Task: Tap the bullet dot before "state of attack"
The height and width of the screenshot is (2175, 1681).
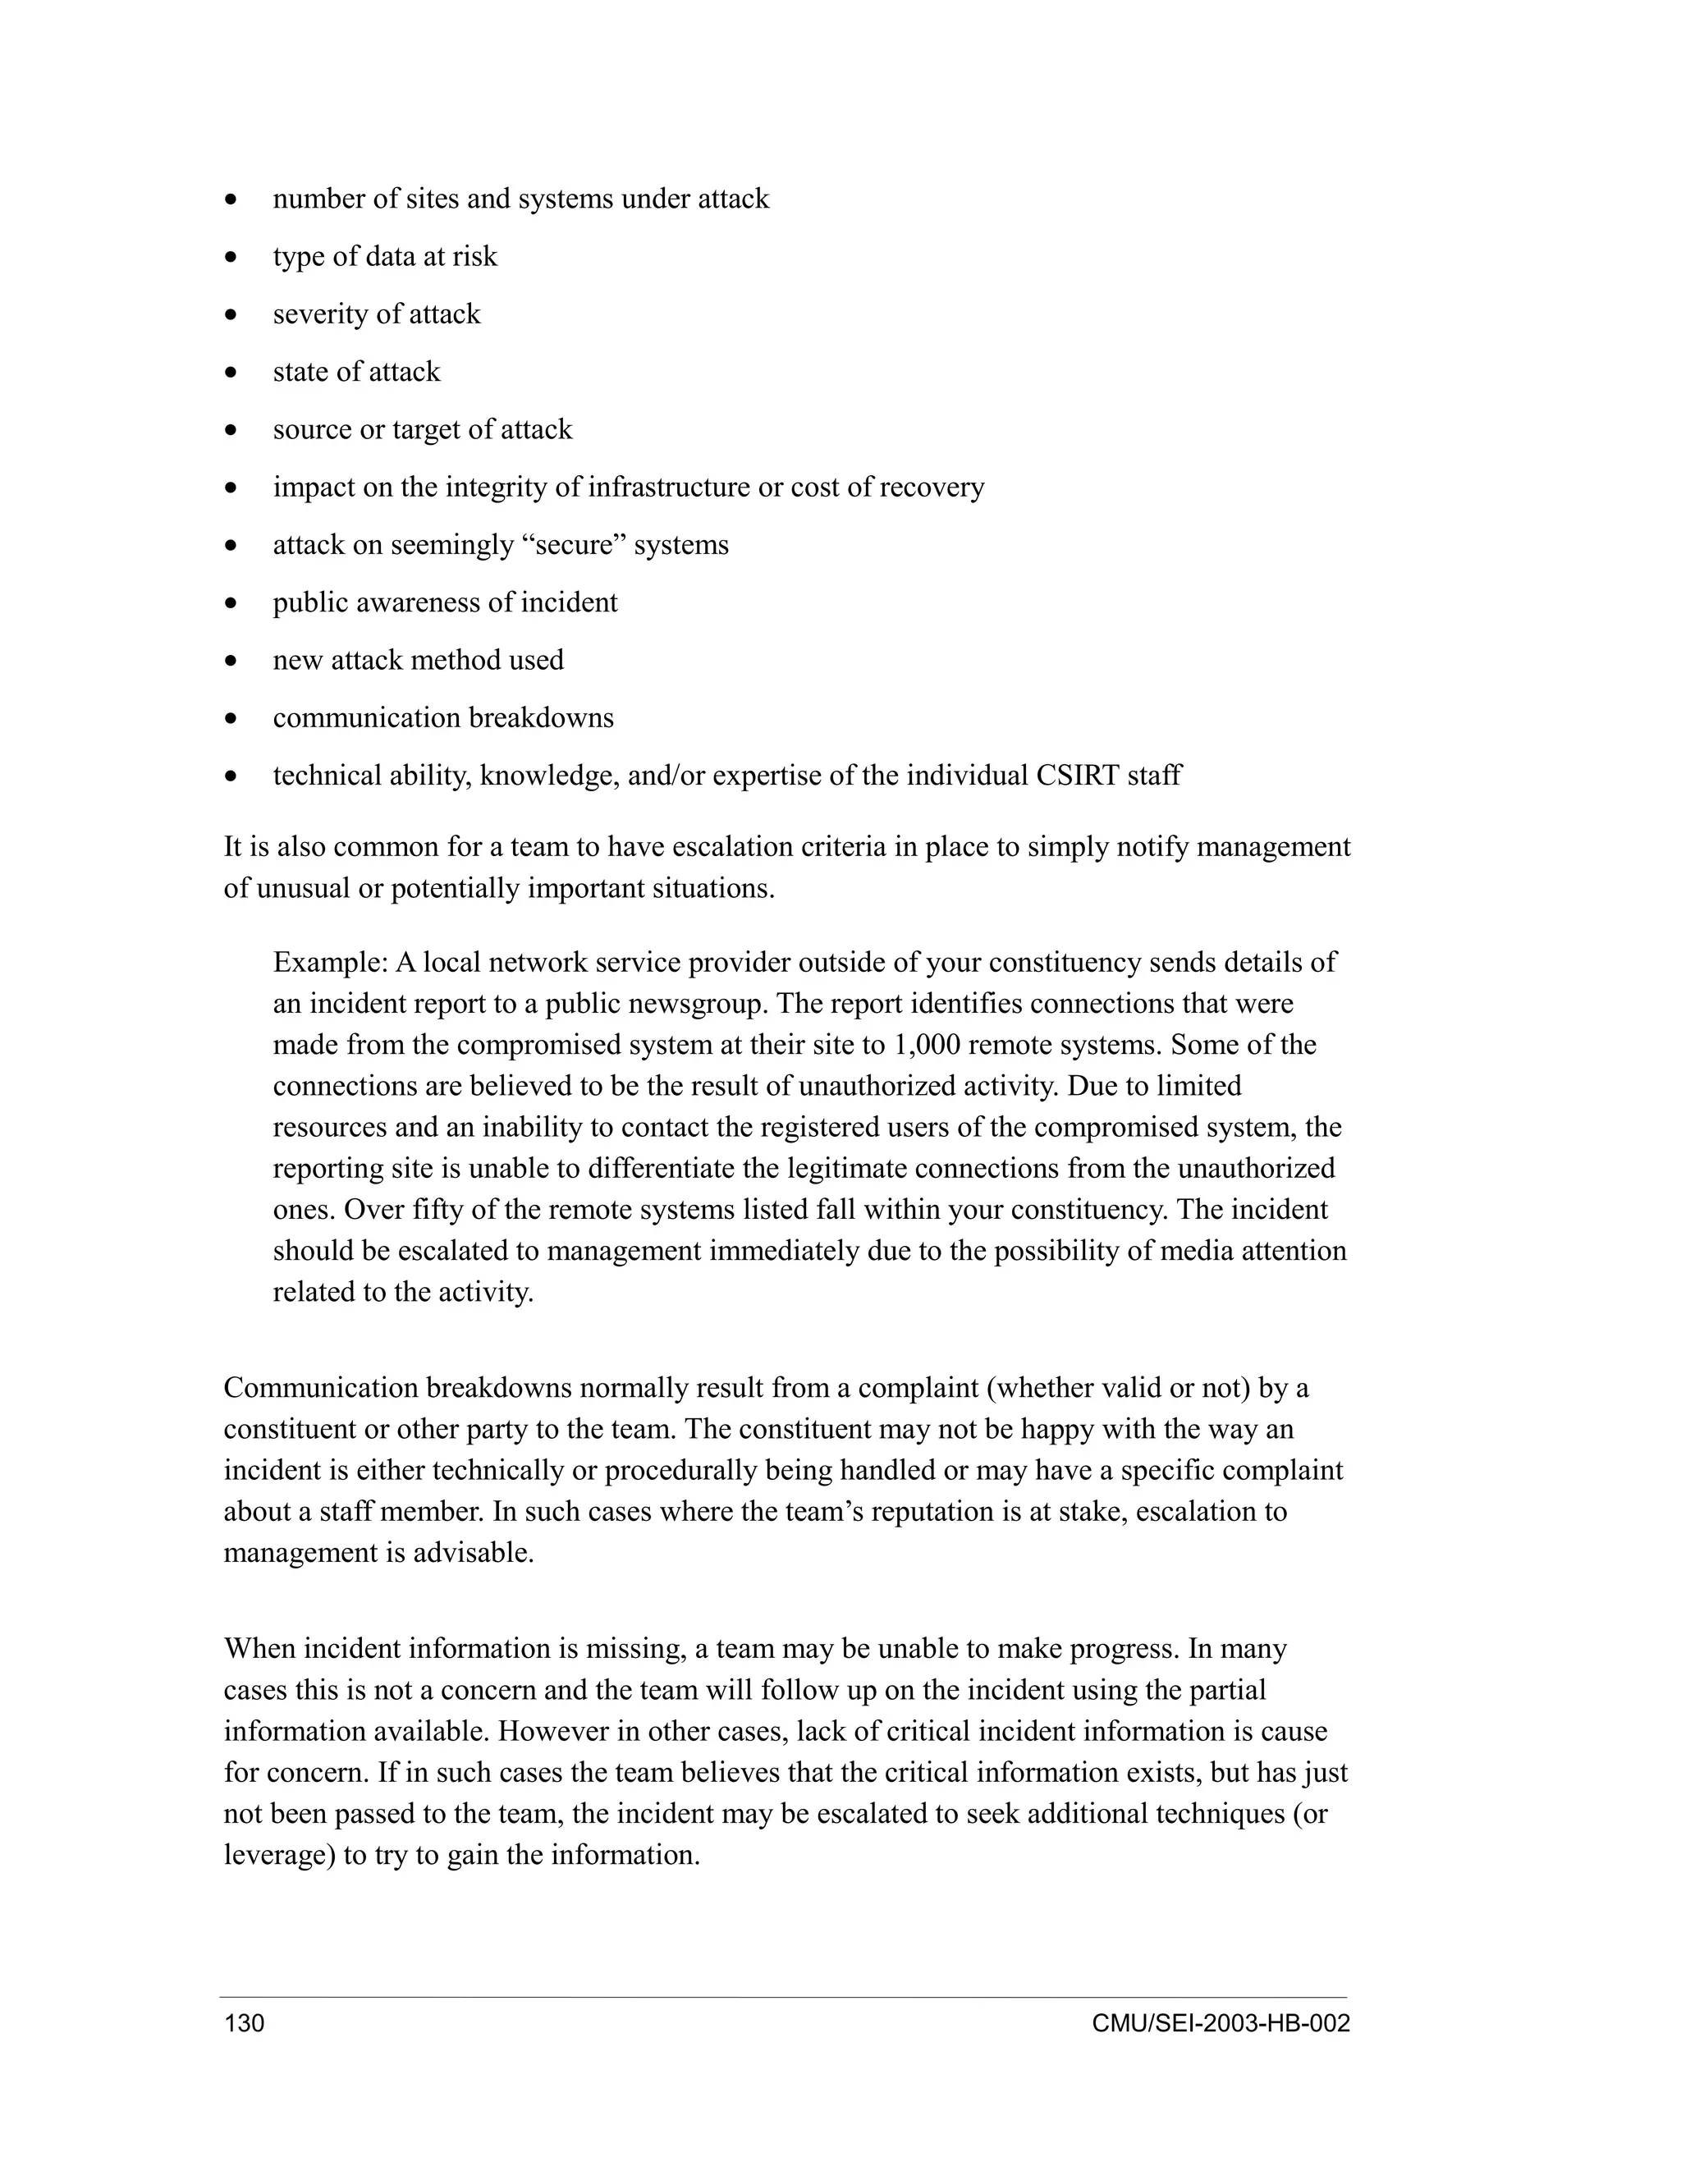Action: click(231, 373)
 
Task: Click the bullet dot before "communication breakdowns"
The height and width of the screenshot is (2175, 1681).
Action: click(231, 719)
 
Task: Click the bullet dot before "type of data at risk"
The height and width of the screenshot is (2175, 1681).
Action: click(231, 258)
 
